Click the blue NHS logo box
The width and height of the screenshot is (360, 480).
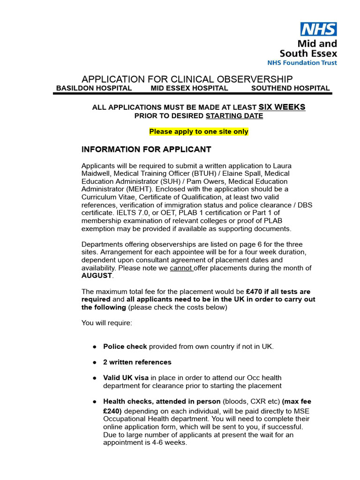(319, 29)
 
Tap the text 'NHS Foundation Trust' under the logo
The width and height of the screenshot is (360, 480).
(302, 62)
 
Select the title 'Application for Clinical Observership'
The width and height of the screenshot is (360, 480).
(187, 79)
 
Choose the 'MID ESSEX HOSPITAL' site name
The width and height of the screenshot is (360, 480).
(189, 88)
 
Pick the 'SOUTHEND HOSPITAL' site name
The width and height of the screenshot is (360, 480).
(290, 88)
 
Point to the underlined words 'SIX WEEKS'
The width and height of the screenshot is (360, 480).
(282, 107)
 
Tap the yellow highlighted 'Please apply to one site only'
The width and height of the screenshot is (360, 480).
(199, 132)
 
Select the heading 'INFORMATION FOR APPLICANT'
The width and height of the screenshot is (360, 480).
(146, 150)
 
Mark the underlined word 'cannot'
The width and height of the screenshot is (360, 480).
(181, 268)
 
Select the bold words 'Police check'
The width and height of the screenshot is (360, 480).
(125, 347)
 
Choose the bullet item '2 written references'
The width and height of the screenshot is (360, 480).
(137, 362)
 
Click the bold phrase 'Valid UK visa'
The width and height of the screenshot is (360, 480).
(126, 378)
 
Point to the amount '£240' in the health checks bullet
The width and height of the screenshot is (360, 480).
(112, 411)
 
